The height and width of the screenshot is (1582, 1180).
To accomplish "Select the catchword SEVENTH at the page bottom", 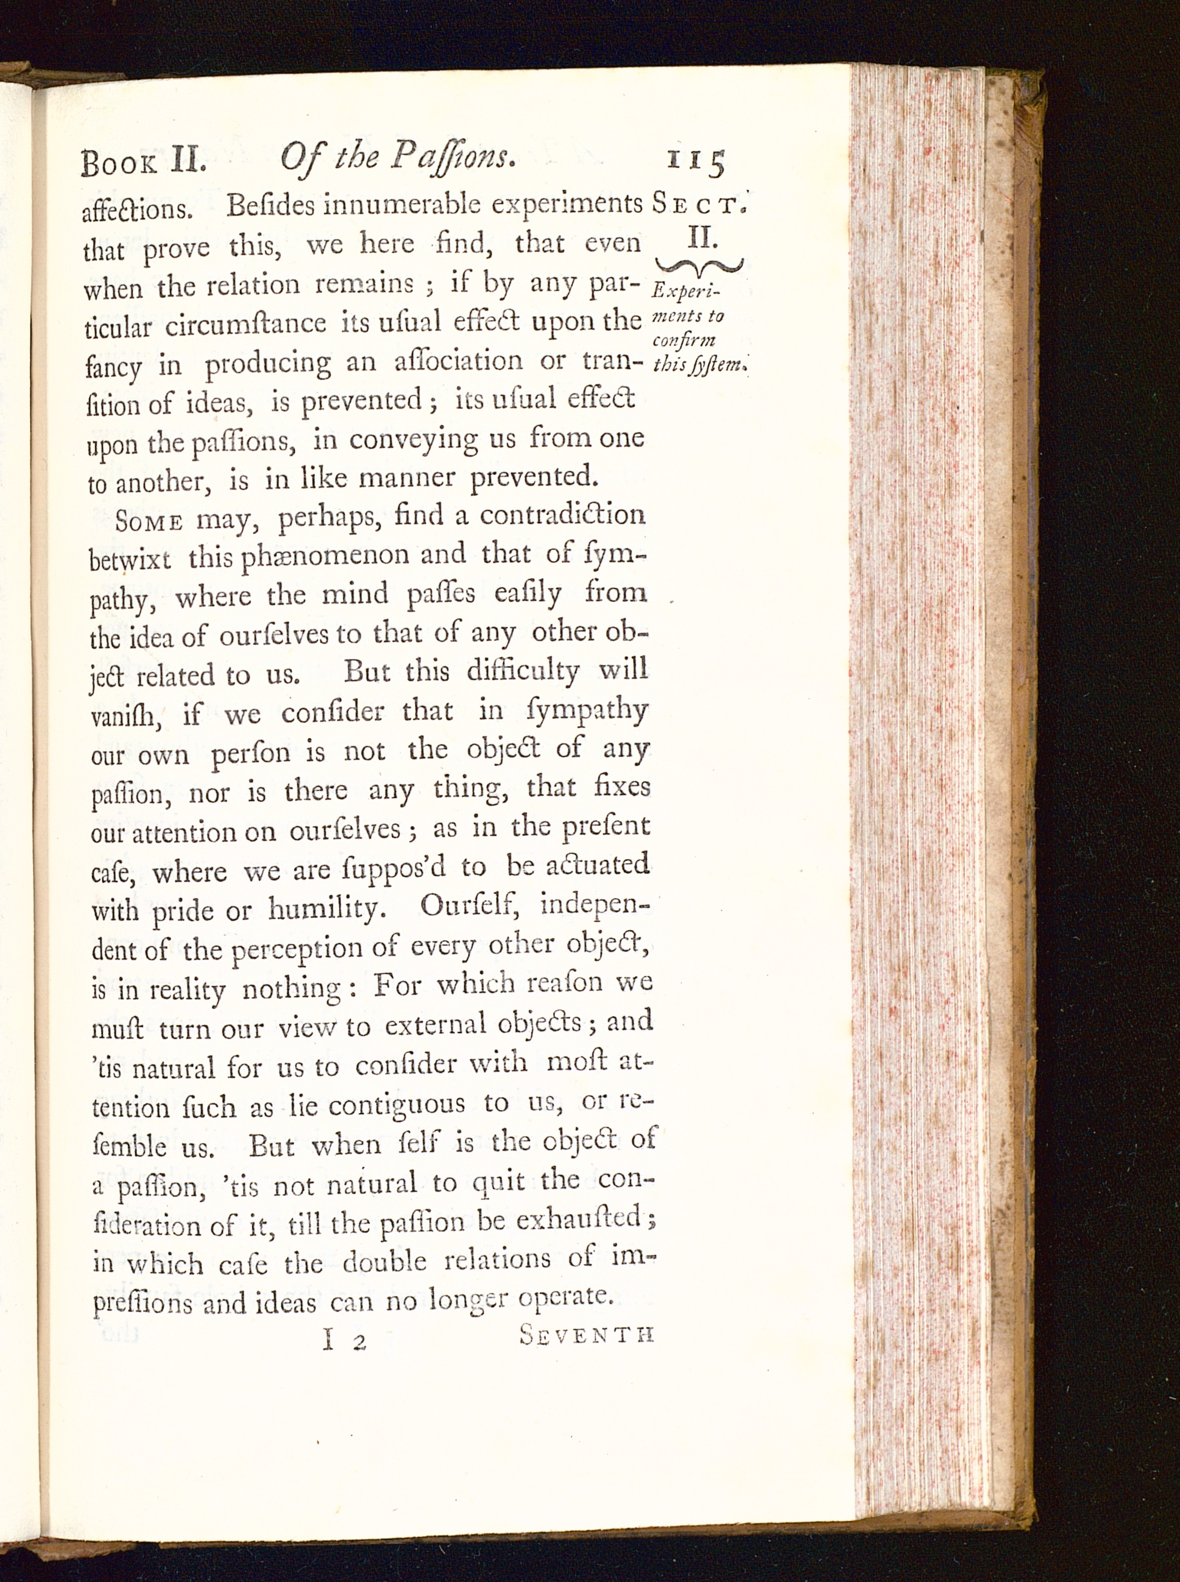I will [x=587, y=1335].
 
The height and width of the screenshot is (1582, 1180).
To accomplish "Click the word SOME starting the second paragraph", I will [x=150, y=521].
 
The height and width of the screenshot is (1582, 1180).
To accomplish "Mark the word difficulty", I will [x=522, y=671].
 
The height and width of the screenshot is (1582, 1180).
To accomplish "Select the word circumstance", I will [x=246, y=325].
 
